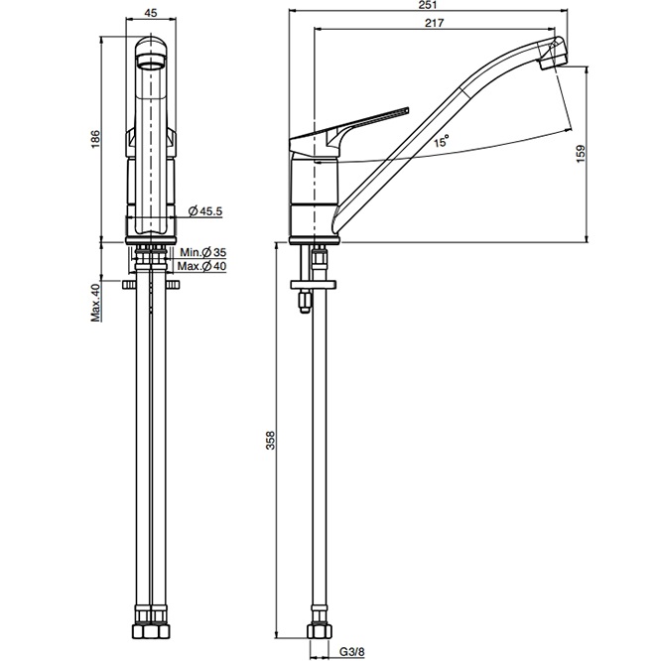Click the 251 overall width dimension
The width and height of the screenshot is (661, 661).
429,5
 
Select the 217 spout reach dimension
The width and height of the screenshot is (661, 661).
434,23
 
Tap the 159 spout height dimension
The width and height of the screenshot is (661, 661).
581,154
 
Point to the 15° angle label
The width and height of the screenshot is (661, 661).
442,141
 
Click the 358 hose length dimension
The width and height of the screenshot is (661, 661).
270,440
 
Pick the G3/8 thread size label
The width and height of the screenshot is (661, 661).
352,652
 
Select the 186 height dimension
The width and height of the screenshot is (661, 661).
95,139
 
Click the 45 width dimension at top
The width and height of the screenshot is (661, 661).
151,13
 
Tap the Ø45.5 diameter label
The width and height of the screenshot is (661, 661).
204,211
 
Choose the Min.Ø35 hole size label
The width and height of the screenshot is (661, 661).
203,252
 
